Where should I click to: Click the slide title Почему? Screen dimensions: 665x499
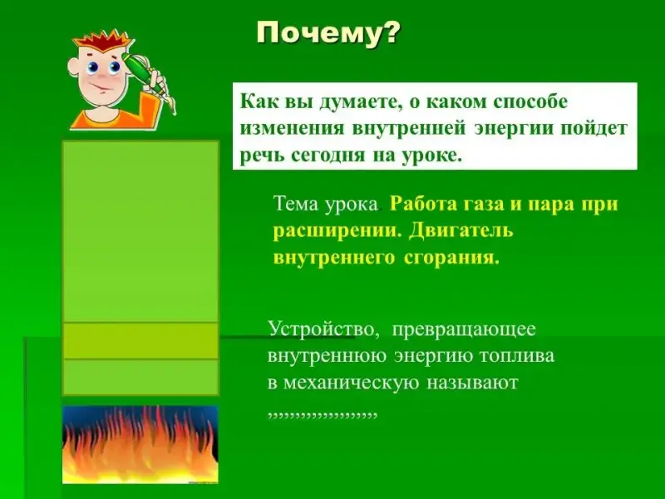pos(328,33)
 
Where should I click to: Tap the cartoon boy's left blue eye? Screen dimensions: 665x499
pos(93,67)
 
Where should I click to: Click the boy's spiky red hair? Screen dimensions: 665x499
pos(102,43)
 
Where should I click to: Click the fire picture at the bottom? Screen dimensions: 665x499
pos(140,444)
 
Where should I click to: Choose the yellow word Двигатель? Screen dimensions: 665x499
pos(461,231)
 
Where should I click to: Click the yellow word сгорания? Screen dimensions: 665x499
pos(451,257)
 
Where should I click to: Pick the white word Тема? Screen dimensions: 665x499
pos(296,204)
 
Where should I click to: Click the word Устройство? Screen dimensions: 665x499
pos(323,329)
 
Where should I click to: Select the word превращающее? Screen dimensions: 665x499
pos(464,329)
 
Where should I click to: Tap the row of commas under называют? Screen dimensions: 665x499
pos(323,414)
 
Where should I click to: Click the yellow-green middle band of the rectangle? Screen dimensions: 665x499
pos(140,341)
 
